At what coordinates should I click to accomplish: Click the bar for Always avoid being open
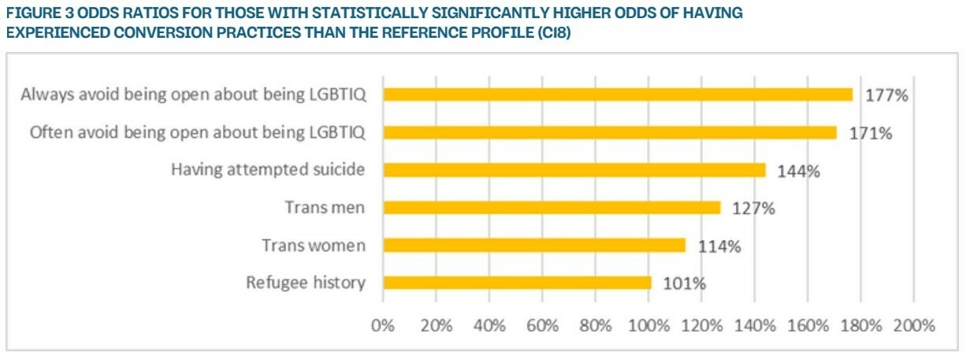(x=618, y=95)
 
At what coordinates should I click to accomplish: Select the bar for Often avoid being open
(x=610, y=132)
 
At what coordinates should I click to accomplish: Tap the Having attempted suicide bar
(x=574, y=170)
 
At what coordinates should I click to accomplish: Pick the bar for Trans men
(x=552, y=208)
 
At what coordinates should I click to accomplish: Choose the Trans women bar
(x=534, y=246)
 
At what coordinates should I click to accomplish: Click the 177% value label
(x=886, y=95)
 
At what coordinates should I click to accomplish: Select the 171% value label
(x=871, y=133)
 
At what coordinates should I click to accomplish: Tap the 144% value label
(x=799, y=171)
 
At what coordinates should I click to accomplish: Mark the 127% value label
(x=754, y=209)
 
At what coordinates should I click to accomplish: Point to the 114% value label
(x=719, y=247)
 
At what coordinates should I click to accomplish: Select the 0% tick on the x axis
(x=383, y=325)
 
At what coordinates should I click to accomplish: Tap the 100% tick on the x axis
(x=648, y=325)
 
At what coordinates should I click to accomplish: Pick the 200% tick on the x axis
(x=913, y=325)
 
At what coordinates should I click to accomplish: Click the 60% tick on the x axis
(x=542, y=325)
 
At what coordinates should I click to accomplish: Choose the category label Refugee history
(x=306, y=283)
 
